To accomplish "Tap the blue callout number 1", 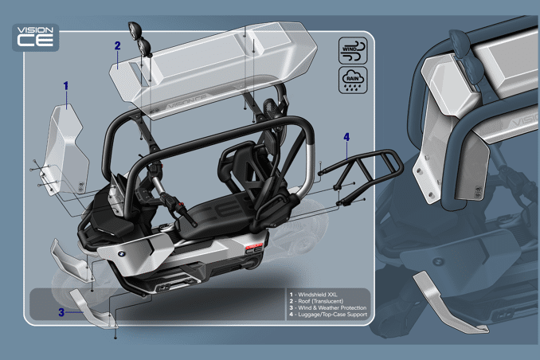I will coord(65,84).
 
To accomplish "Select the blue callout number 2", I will coord(117,45).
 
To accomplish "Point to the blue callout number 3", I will coord(61,312).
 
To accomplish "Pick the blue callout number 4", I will coord(346,137).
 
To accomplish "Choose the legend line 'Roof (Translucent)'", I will coord(320,301).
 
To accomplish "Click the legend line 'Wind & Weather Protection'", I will coord(328,307).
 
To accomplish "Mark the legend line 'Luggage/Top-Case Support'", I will coord(328,315).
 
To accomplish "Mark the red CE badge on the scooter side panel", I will coord(252,248).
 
